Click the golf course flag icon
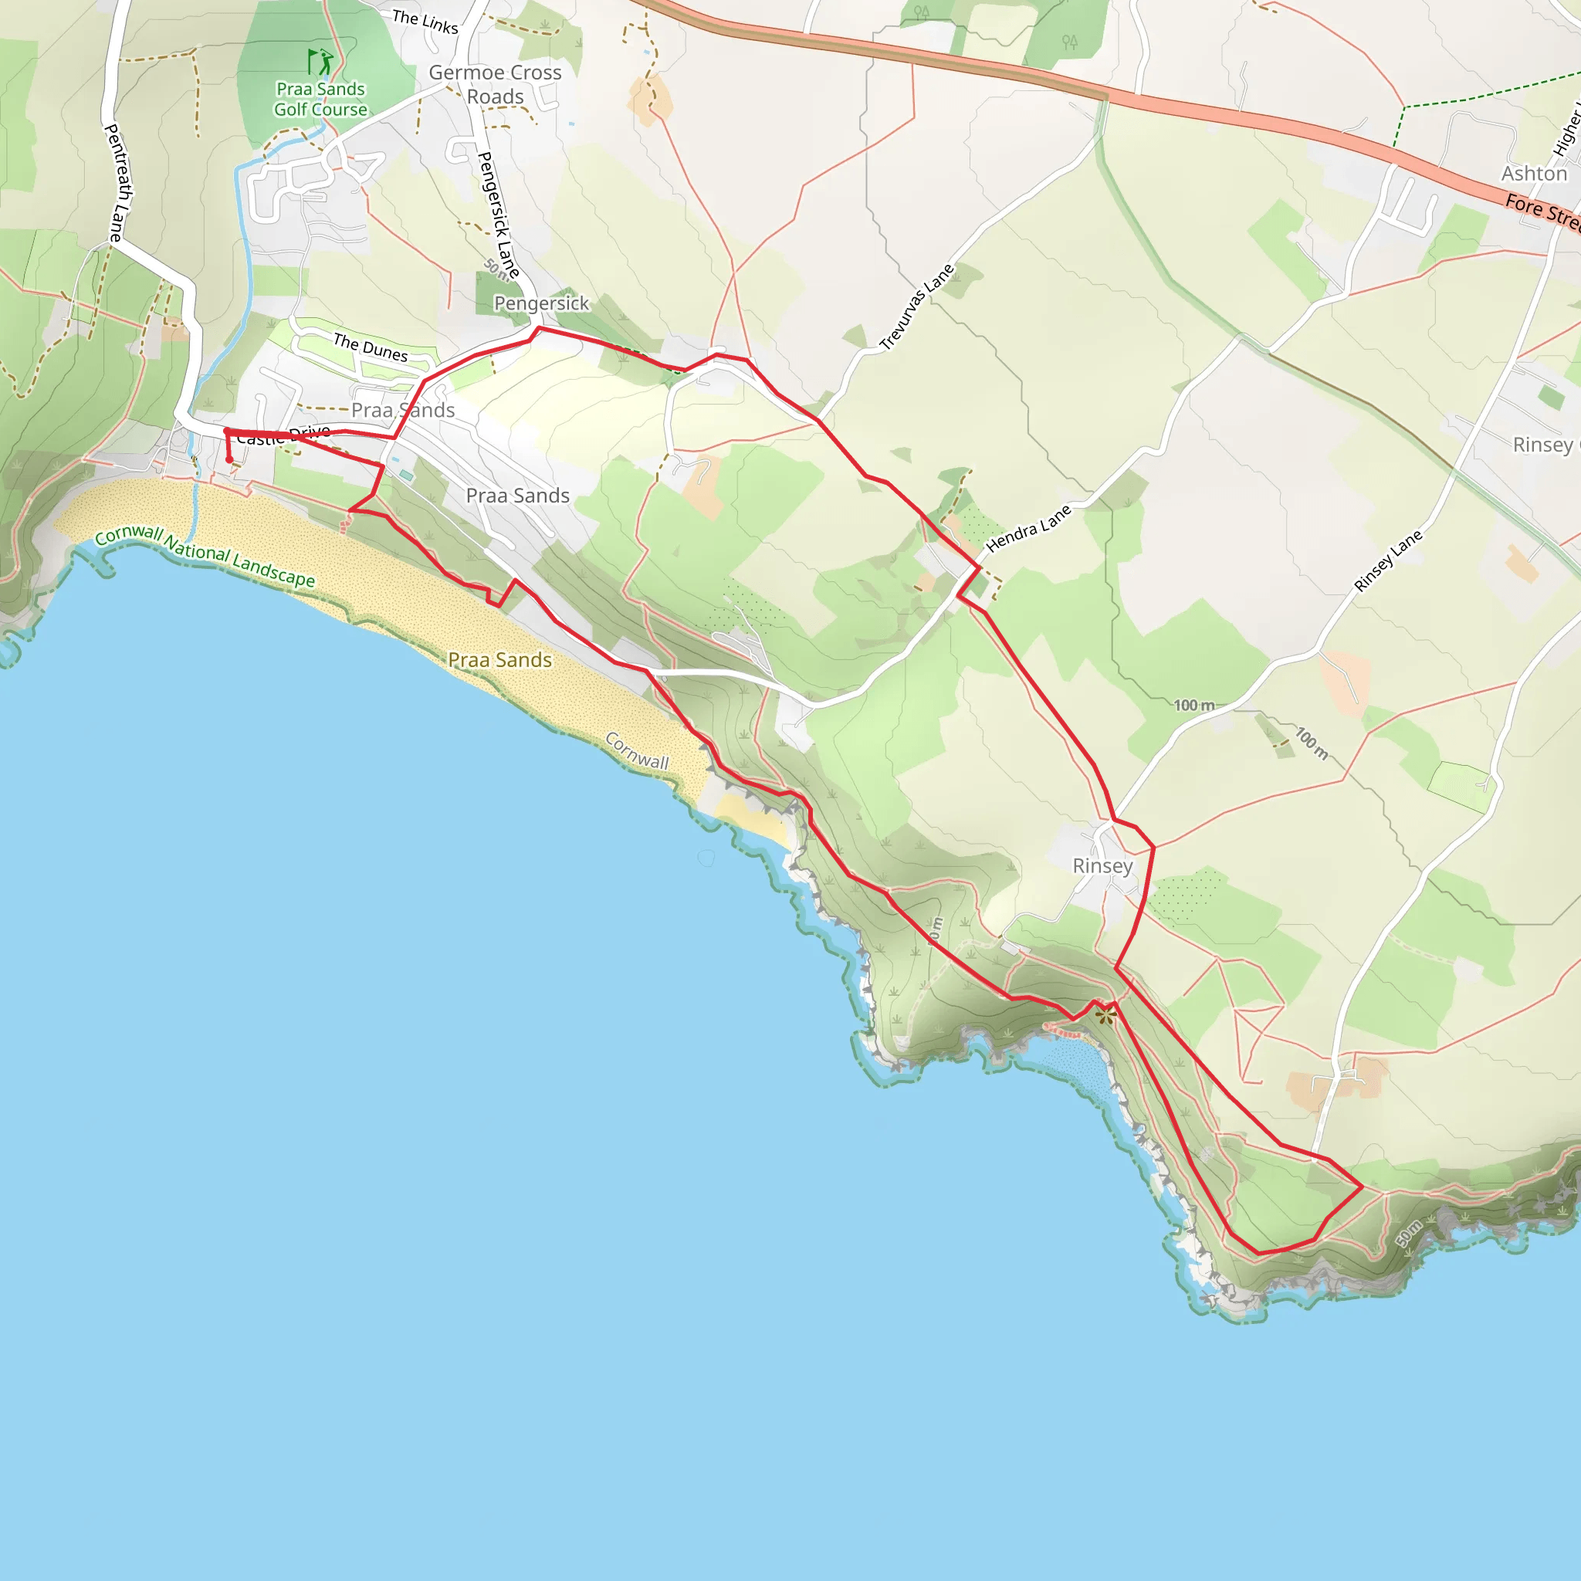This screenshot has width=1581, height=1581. [320, 62]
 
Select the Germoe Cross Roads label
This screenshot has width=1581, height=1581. [495, 84]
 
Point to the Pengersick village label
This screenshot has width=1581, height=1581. [541, 303]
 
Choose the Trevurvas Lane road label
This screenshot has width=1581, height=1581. [916, 307]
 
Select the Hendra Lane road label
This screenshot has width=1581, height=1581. [1027, 529]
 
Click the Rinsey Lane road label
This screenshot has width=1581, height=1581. [1388, 560]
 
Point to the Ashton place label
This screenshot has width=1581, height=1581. [1534, 174]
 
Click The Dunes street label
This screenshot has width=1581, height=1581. [370, 348]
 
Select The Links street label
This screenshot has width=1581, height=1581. [425, 22]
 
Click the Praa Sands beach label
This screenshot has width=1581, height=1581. [500, 659]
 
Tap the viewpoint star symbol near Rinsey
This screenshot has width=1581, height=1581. [1105, 1016]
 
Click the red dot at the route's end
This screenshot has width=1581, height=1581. [229, 460]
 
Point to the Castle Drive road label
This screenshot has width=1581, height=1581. [283, 435]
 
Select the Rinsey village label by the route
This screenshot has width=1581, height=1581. [1102, 866]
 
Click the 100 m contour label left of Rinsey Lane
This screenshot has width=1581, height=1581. [1193, 706]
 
